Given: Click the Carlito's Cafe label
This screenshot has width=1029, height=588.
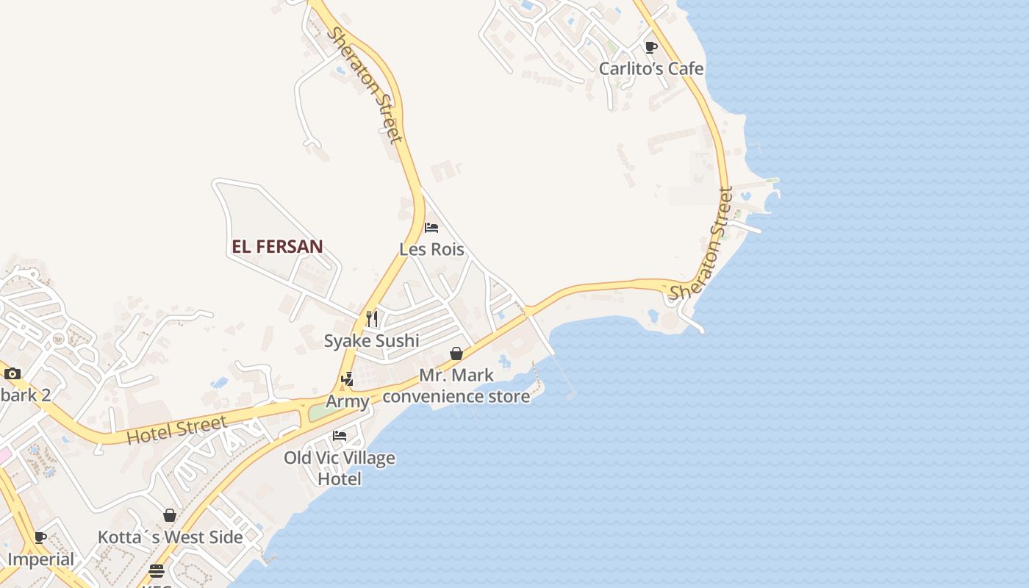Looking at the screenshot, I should (650, 68).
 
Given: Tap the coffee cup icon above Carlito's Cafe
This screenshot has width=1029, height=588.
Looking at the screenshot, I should (650, 48).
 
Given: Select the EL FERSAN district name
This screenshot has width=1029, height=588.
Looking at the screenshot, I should (277, 246).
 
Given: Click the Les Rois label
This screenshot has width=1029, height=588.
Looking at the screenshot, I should (431, 249).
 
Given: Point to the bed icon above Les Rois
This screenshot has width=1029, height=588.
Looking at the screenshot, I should (431, 228).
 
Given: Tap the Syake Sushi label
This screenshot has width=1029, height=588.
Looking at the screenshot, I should (371, 340).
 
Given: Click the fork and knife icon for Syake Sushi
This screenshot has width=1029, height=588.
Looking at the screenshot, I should (372, 318).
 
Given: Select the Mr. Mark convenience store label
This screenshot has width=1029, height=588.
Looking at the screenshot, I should (456, 386).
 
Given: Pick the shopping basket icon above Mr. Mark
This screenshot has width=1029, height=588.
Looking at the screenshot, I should (456, 354).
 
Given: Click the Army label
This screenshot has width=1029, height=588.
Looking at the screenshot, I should (347, 401).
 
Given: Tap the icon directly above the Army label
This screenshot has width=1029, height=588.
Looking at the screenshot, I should (347, 379).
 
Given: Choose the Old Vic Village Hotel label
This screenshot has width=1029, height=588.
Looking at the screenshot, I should (340, 468).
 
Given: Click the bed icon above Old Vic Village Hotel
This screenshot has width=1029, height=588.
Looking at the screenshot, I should (339, 435).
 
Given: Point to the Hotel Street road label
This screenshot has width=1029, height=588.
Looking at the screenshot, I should (176, 430).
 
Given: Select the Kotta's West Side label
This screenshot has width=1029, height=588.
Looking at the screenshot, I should (170, 537).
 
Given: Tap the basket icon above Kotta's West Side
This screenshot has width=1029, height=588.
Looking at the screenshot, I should (170, 515).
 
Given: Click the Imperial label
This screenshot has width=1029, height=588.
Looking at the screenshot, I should (40, 559).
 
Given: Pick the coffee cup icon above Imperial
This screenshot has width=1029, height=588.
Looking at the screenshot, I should (40, 537).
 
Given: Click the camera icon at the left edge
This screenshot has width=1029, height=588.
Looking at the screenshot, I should (12, 373).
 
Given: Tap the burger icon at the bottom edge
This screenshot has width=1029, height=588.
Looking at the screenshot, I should (156, 571).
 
